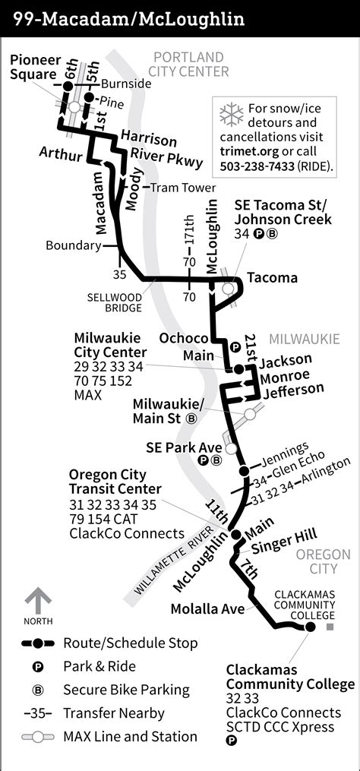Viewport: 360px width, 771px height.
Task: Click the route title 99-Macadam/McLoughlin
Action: (x=128, y=17)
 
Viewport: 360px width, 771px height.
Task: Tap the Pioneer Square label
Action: (x=33, y=68)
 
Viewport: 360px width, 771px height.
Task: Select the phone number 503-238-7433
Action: (x=258, y=166)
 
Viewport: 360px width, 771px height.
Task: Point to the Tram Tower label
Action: (x=182, y=188)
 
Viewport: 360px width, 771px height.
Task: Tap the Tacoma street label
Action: (x=272, y=278)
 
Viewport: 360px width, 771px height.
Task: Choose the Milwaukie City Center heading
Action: (x=110, y=345)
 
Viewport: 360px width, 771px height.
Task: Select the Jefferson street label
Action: (x=293, y=391)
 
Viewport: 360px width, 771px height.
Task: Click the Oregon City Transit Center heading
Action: (x=114, y=482)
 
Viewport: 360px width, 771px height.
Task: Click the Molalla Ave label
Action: (x=207, y=608)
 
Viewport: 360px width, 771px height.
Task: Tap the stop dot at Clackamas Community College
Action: (x=309, y=627)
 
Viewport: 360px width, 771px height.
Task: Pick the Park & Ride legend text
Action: (x=99, y=666)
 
